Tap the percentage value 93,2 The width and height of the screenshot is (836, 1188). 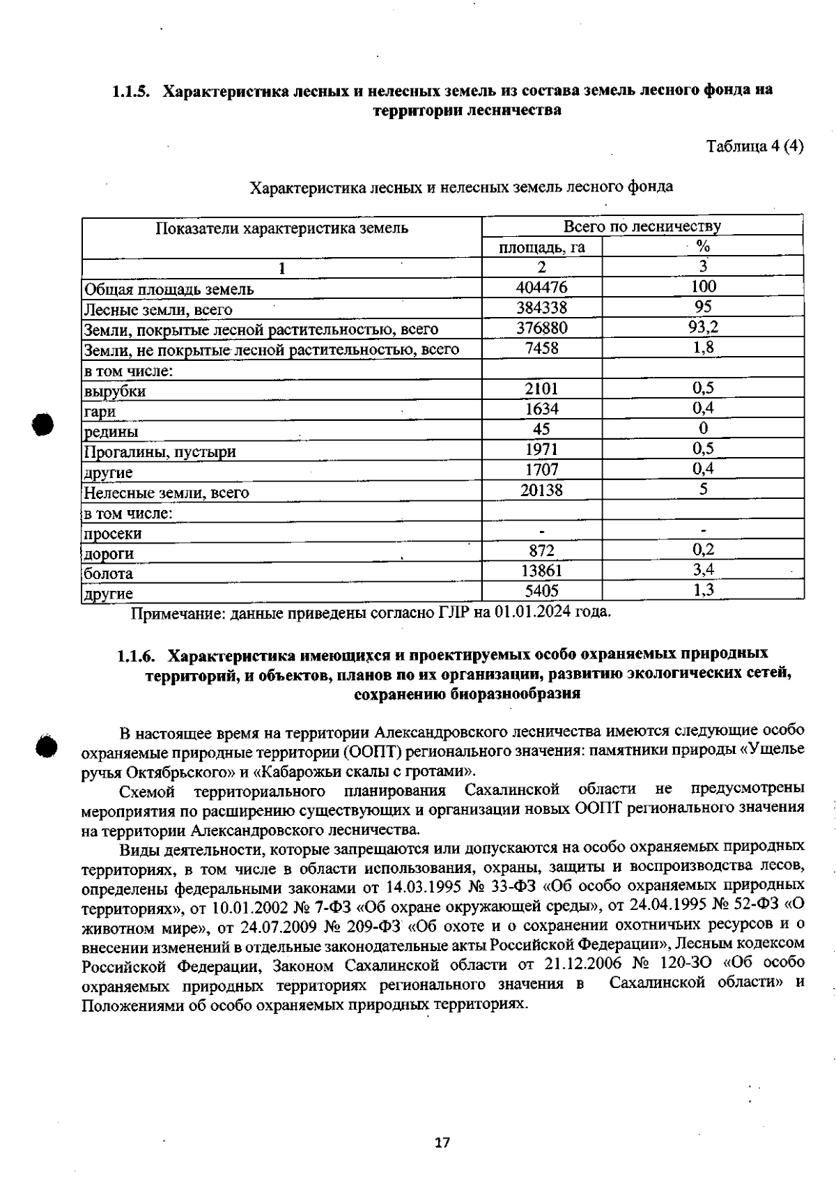coord(703,327)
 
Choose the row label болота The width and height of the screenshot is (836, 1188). coord(109,574)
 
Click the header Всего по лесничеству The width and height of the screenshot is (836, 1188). coord(642,226)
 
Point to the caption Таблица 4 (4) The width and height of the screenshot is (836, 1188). coord(755,146)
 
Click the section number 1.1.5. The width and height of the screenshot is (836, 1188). coord(132,91)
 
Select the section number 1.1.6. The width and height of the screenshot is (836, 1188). coord(136,655)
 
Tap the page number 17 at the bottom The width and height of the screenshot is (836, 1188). coord(442,1143)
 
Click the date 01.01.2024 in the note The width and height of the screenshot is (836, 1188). coord(532,612)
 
